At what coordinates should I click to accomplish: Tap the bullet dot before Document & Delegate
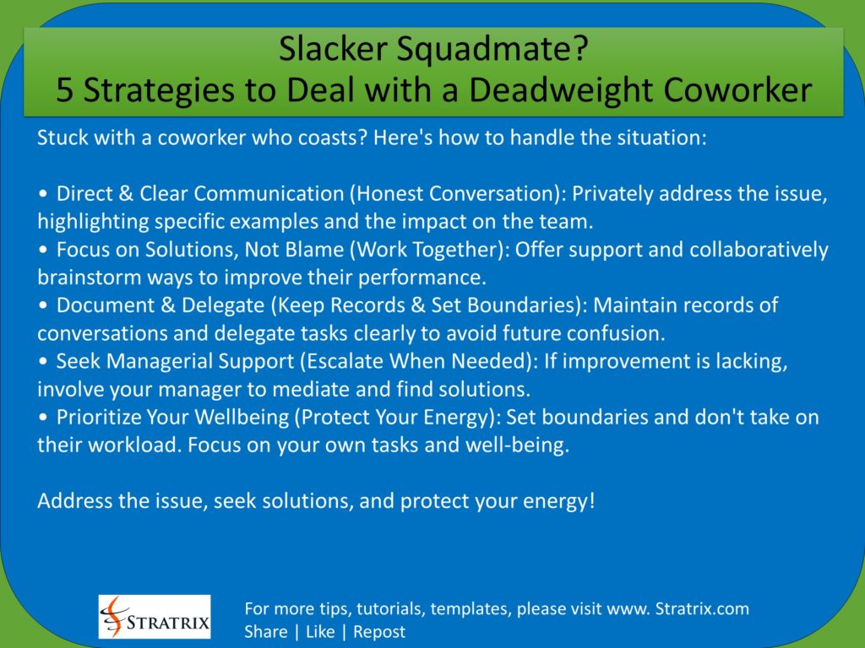coord(43,305)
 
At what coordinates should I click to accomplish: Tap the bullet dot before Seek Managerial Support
coord(43,361)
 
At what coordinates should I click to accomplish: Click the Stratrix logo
coord(155,616)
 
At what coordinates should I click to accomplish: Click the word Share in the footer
coord(265,632)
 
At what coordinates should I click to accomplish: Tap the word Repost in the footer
coord(378,632)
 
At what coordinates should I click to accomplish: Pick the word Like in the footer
coord(320,632)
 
